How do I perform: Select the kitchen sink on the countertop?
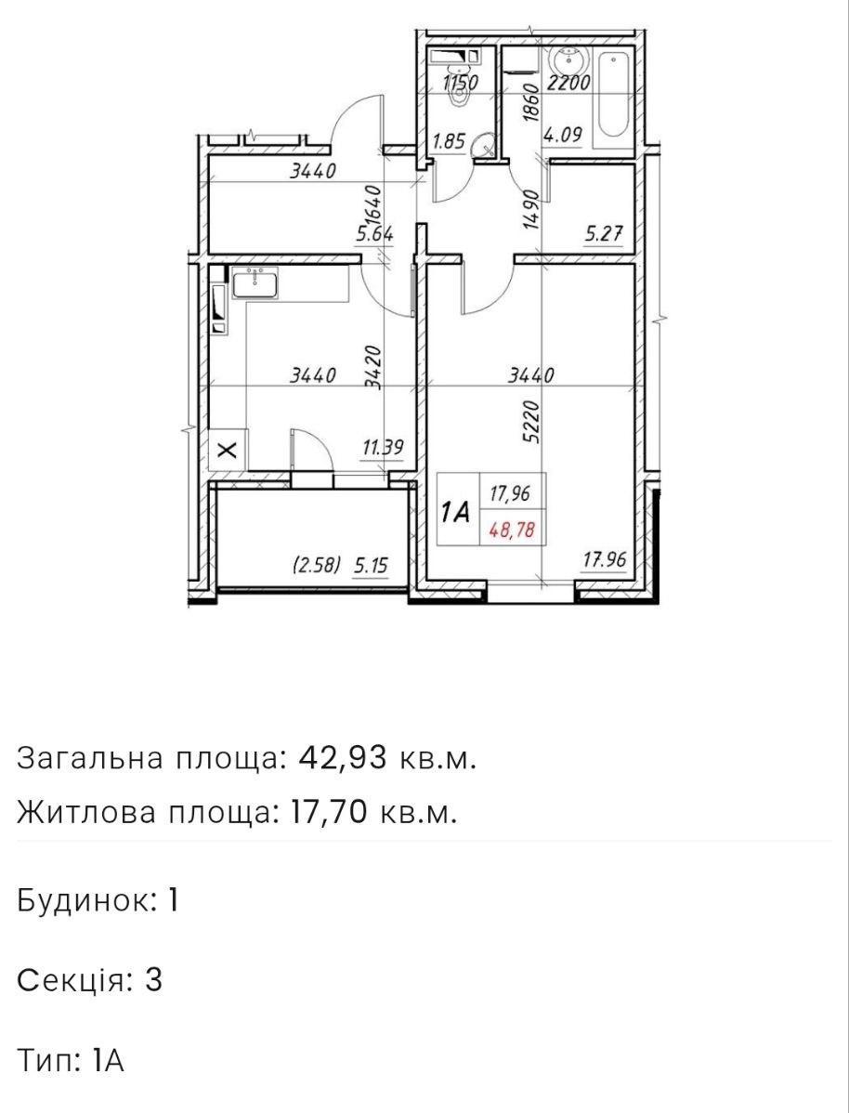click(x=255, y=283)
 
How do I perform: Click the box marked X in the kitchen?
click(x=228, y=450)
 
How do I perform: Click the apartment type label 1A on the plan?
click(x=456, y=512)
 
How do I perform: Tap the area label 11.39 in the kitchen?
click(x=384, y=448)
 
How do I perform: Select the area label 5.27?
click(x=604, y=234)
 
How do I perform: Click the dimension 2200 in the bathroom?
click(x=568, y=83)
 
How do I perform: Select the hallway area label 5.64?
click(x=375, y=234)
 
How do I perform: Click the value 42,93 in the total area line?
click(x=345, y=759)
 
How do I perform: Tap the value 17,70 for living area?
click(x=330, y=812)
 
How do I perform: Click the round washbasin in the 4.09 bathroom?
click(x=568, y=56)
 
